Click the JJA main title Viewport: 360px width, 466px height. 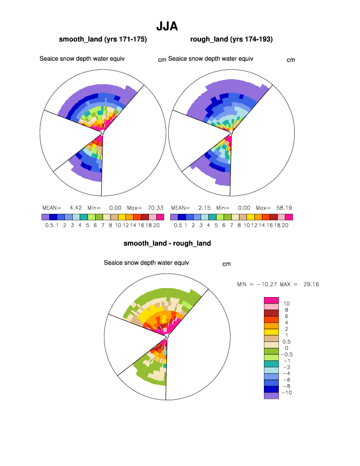tap(167, 26)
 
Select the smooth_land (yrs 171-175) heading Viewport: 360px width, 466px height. tap(103, 39)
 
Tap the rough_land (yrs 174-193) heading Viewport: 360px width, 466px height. tap(231, 39)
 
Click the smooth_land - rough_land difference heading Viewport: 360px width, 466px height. tap(167, 244)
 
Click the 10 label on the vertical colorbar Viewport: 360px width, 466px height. tap(286, 304)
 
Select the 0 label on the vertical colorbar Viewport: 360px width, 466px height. tap(286, 348)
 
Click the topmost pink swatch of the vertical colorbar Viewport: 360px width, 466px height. tap(271, 300)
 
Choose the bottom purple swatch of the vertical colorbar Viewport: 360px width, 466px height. tap(271, 396)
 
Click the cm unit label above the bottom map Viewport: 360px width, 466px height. tap(227, 264)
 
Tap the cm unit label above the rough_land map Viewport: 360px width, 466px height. tap(291, 60)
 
